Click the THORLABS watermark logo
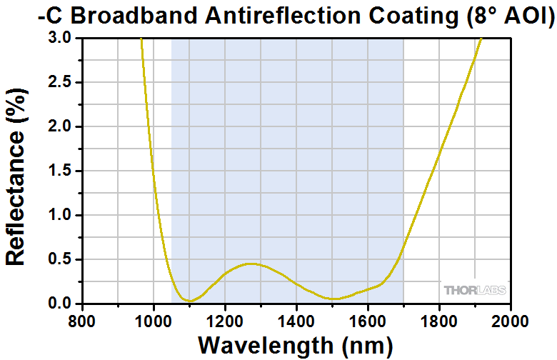tap(474, 290)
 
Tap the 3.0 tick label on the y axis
tap(59, 39)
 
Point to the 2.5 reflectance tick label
tap(59, 83)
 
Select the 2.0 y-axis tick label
tap(59, 127)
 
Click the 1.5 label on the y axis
tap(59, 171)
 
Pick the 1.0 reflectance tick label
tap(59, 216)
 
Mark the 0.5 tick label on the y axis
tap(59, 260)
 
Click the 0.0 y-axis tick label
tap(59, 304)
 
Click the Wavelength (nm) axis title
tap(296, 345)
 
